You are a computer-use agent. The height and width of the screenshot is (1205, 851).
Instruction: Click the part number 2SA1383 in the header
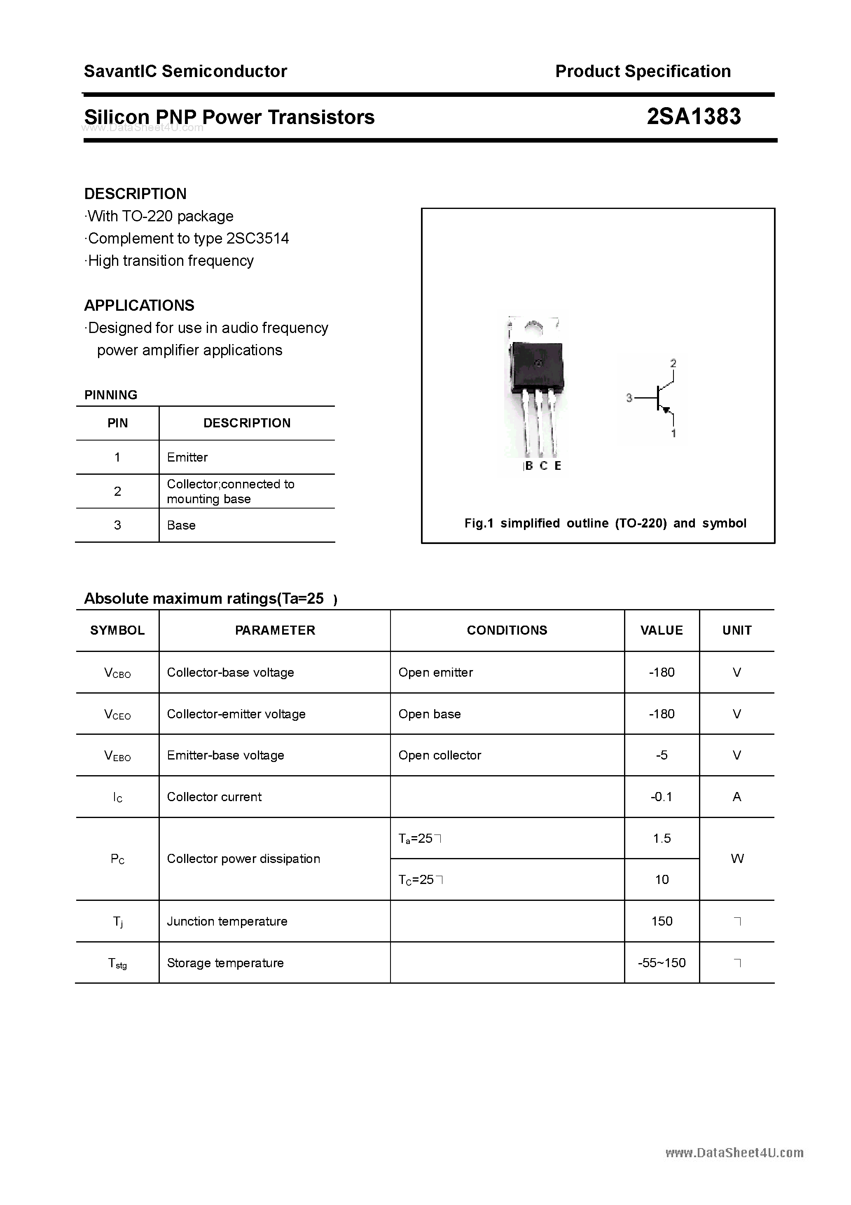[x=693, y=117]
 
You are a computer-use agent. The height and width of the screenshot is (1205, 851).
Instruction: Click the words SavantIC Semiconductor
[x=185, y=71]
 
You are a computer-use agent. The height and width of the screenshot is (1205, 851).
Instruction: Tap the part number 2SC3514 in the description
[x=257, y=239]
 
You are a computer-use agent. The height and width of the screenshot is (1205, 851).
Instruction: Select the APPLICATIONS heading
[x=139, y=305]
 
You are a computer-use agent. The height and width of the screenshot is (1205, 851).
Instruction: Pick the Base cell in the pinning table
[x=181, y=525]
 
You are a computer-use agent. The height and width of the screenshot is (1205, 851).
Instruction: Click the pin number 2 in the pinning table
[x=117, y=491]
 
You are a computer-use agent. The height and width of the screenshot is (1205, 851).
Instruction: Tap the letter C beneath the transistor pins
[x=544, y=466]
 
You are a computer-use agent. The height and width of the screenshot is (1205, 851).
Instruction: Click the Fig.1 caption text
[x=605, y=523]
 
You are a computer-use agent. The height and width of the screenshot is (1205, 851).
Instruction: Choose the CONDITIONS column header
[x=507, y=630]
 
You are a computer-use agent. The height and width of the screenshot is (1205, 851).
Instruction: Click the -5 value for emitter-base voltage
[x=662, y=755]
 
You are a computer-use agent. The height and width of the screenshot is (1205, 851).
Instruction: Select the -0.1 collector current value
[x=661, y=797]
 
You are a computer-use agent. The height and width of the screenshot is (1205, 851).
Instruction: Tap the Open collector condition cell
[x=440, y=755]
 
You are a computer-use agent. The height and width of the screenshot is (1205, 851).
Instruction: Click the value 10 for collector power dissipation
[x=662, y=879]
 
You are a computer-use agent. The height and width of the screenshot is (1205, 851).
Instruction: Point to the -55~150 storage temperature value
[x=662, y=963]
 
